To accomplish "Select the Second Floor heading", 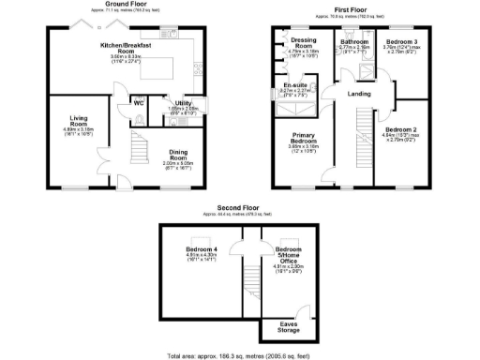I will click(238, 206).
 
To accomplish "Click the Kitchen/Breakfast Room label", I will click(121, 49).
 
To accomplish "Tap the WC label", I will click(138, 102).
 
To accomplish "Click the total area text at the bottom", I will click(238, 356).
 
